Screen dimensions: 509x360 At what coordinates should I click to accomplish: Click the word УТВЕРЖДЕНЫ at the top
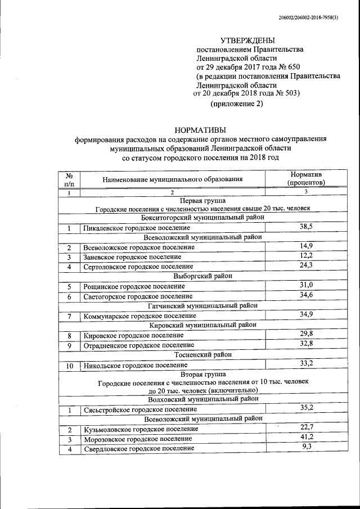[248, 40]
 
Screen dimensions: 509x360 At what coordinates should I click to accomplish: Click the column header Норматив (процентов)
[305, 179]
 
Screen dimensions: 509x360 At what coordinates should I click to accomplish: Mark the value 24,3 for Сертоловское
[305, 264]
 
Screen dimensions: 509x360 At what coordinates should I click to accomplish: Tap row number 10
[69, 366]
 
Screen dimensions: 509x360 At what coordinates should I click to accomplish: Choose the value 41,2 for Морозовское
[305, 436]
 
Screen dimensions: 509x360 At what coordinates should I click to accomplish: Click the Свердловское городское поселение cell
[139, 449]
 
